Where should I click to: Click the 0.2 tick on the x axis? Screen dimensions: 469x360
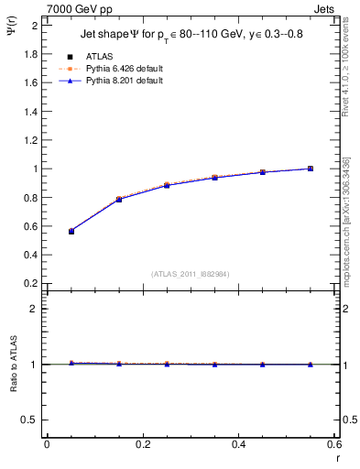tap(142, 445)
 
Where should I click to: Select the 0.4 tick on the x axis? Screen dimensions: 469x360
tap(238, 445)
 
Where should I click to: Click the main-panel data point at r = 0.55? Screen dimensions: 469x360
tap(311, 169)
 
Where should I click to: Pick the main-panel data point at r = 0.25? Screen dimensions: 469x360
tap(167, 185)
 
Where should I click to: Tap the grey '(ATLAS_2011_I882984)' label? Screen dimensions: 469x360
tap(191, 274)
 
